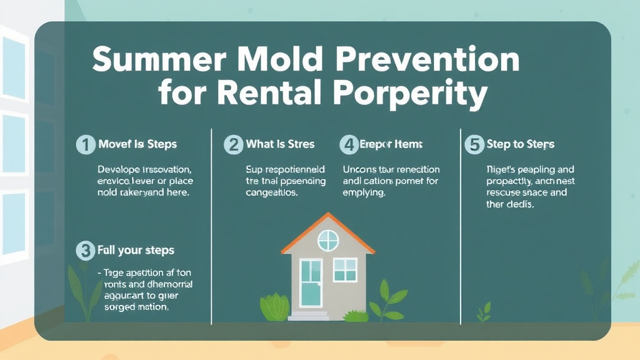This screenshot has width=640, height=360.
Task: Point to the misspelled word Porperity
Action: tap(409, 94)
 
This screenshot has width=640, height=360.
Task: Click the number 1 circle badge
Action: tap(85, 144)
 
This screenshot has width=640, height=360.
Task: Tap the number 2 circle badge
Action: tap(233, 144)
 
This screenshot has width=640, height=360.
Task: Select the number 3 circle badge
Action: tap(85, 251)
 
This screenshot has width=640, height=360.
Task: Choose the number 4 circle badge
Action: tap(347, 144)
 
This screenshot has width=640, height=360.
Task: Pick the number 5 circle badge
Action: tap(474, 144)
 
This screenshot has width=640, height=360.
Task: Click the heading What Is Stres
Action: tap(280, 144)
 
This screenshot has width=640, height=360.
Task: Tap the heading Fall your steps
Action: tap(136, 251)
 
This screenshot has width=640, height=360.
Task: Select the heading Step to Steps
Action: tap(520, 144)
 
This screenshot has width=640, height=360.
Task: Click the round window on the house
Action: tap(327, 240)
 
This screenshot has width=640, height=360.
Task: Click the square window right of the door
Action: tap(345, 269)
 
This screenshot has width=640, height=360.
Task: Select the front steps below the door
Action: tap(309, 316)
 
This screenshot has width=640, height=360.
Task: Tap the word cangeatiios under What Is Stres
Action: tap(272, 193)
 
